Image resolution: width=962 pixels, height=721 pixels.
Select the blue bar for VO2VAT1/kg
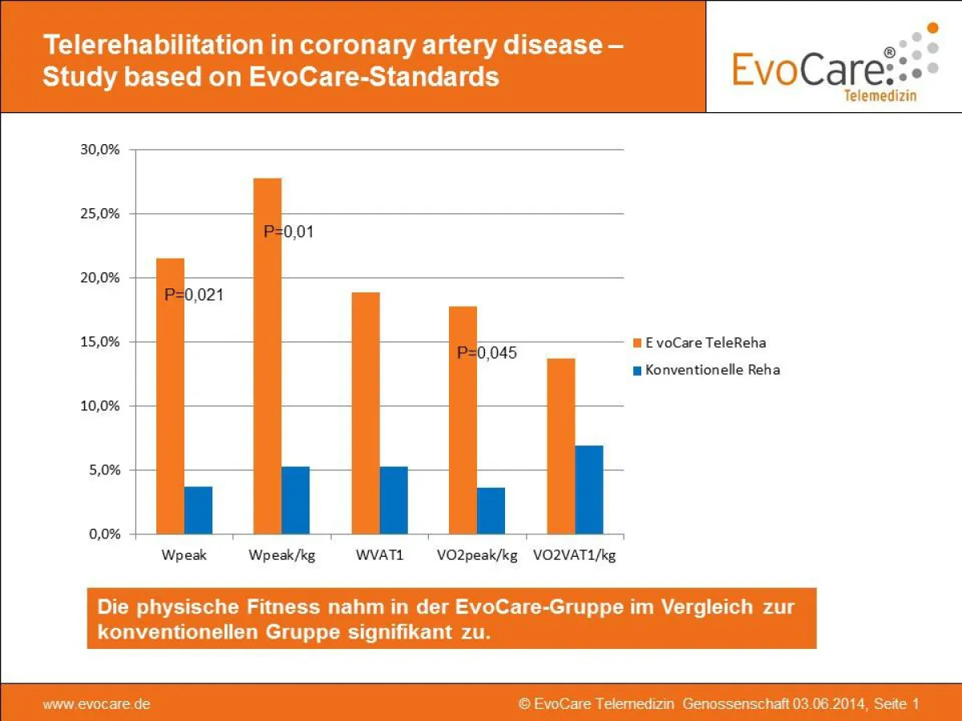click(588, 489)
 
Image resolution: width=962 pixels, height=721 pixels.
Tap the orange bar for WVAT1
click(366, 413)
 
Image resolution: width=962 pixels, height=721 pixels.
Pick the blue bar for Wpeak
click(198, 510)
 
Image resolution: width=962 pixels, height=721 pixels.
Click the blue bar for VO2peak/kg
click(491, 510)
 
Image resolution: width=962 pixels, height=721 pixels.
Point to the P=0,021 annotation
click(193, 295)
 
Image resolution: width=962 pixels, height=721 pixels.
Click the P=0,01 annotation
click(288, 232)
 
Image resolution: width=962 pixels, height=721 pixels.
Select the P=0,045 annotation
click(487, 352)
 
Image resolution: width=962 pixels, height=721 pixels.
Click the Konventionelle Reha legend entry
click(705, 370)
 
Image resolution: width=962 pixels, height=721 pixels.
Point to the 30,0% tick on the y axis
click(100, 150)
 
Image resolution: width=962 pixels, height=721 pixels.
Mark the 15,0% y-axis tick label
click(100, 342)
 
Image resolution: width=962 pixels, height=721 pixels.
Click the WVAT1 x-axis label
click(379, 555)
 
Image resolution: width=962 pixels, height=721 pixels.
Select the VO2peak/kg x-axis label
click(477, 555)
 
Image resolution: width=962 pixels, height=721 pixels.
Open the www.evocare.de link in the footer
click(96, 704)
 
